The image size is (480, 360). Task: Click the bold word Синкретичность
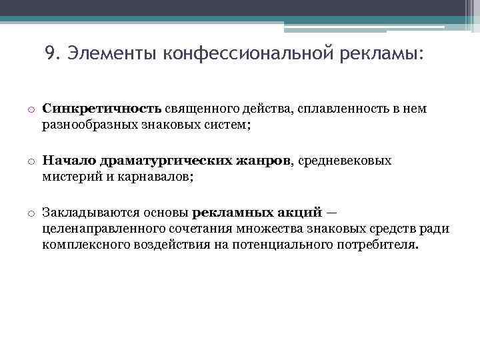(101, 108)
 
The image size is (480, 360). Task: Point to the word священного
(202, 108)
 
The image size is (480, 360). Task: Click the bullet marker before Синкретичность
(31, 109)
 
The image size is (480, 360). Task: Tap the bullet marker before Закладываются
(31, 213)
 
